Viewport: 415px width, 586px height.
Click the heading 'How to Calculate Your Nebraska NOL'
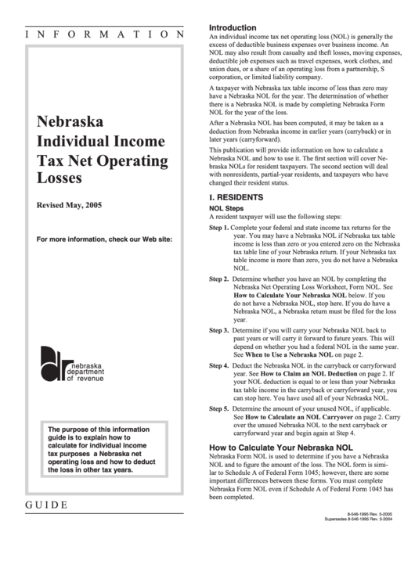(281, 448)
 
